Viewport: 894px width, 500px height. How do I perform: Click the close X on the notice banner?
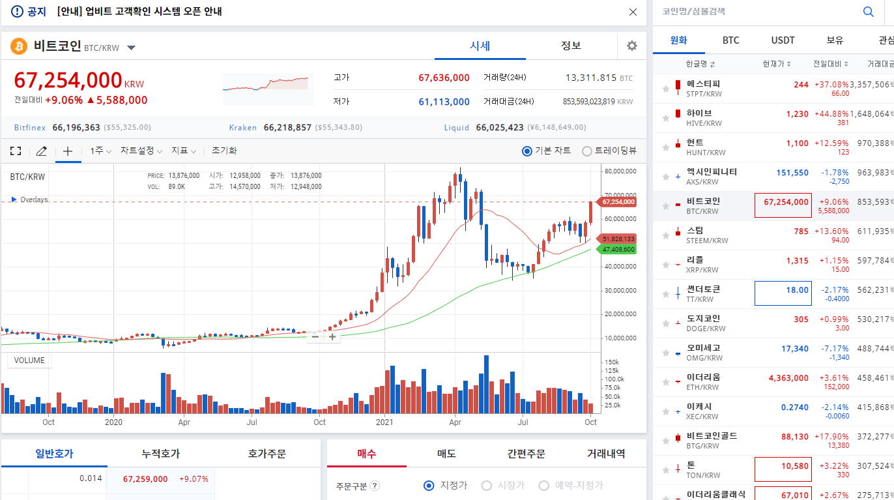[633, 12]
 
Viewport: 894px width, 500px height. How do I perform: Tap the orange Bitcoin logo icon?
[18, 46]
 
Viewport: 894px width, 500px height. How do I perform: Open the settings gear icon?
[631, 46]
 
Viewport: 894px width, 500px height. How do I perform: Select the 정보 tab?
[571, 46]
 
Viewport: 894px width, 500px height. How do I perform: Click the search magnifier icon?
[868, 12]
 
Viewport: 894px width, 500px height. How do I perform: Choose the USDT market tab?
[783, 40]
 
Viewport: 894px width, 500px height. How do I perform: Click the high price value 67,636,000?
[444, 78]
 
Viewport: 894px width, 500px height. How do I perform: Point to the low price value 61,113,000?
[444, 102]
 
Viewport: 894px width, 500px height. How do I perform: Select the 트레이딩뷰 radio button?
[587, 151]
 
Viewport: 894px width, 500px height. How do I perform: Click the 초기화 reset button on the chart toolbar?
[224, 151]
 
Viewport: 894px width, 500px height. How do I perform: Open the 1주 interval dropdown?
[101, 151]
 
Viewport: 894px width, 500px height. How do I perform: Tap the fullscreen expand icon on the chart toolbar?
[16, 151]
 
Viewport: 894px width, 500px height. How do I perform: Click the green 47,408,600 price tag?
[618, 250]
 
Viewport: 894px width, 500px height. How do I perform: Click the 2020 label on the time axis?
[113, 422]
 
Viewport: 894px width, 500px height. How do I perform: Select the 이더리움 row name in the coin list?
[703, 377]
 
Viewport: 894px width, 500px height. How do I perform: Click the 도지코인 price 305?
[801, 319]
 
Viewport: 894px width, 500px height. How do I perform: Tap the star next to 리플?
[665, 264]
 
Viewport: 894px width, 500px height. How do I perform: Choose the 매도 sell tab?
[446, 454]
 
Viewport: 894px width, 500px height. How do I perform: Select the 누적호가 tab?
[160, 454]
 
